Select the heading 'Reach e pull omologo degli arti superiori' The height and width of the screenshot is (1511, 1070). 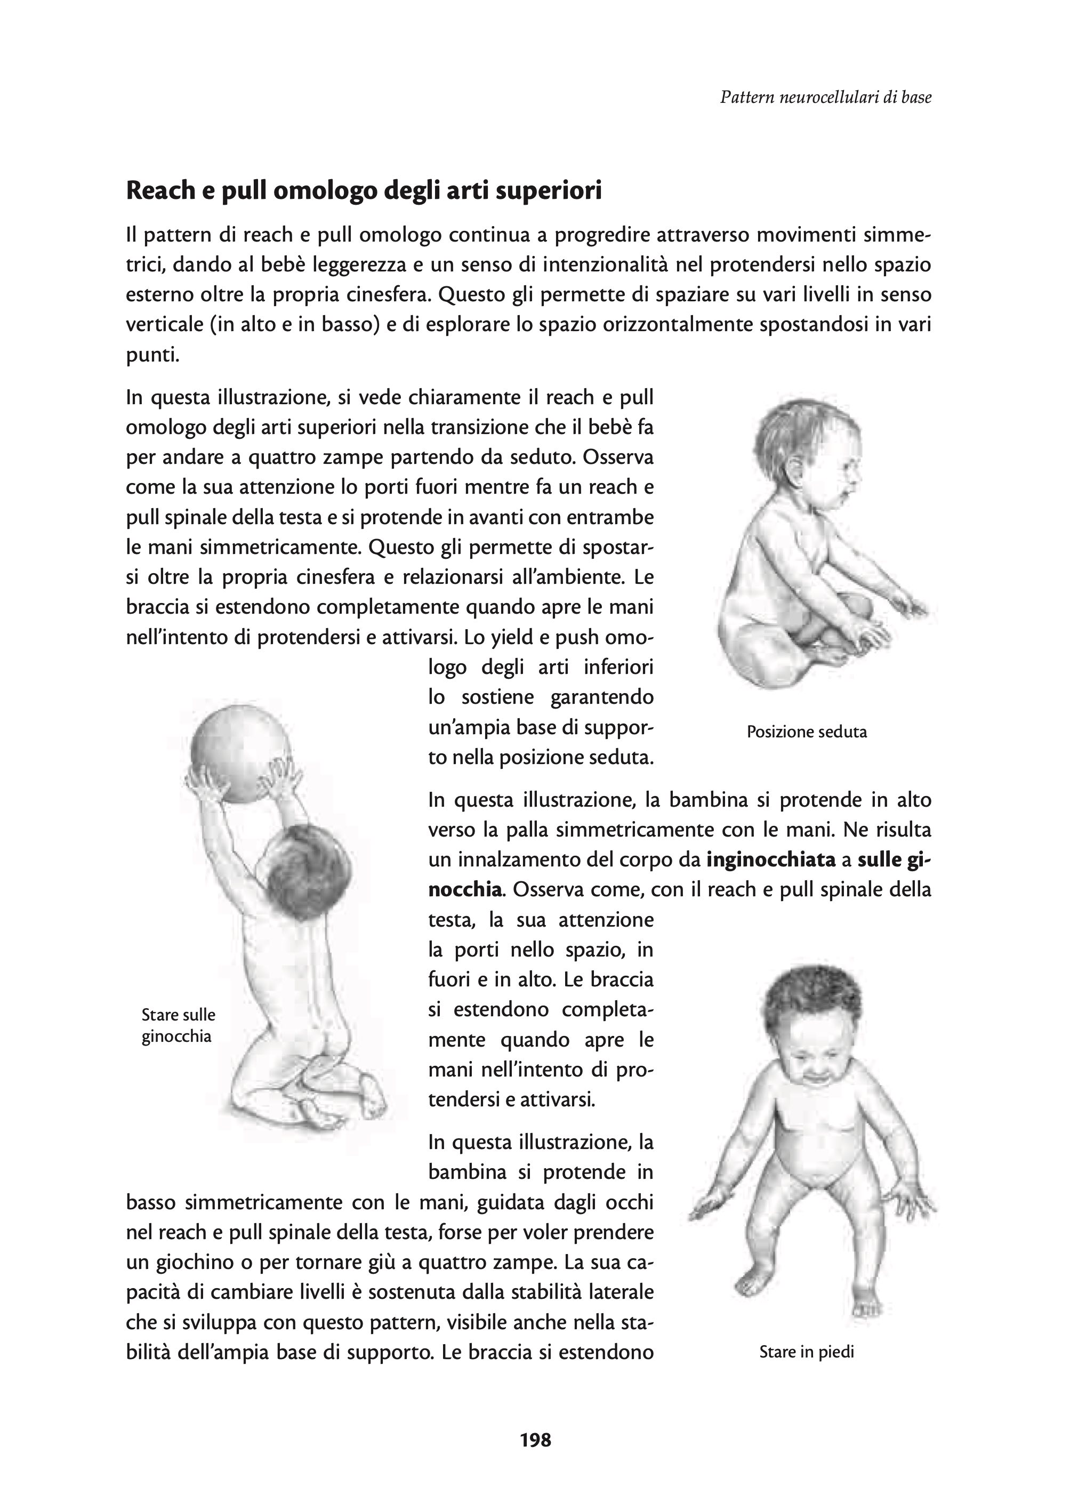pos(364,191)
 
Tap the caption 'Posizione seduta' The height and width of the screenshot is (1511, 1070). pos(807,732)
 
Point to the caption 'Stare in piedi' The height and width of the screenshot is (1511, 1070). pos(807,1352)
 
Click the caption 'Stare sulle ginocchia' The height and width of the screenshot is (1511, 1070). pos(178,1025)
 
